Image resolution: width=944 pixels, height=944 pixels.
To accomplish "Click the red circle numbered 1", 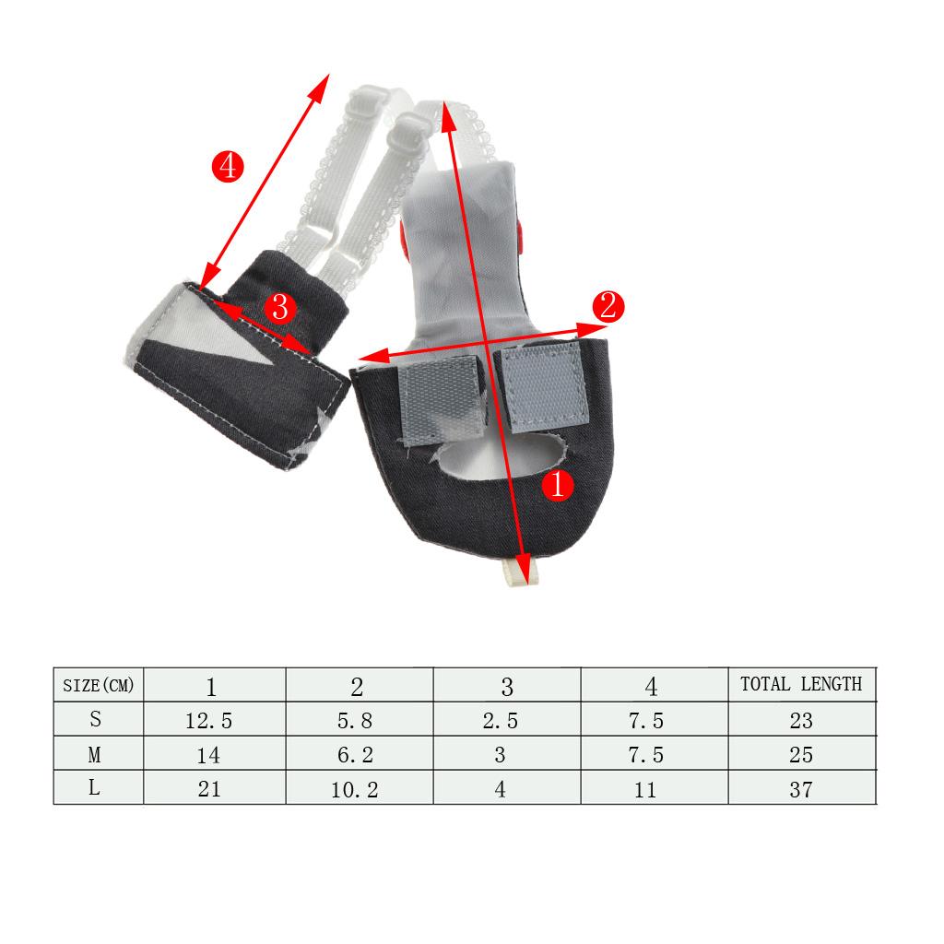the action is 558,484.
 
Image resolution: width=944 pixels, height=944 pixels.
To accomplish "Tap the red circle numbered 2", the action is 608,306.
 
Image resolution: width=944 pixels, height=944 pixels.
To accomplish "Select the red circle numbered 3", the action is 280,308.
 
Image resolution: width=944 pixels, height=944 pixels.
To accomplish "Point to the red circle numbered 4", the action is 228,166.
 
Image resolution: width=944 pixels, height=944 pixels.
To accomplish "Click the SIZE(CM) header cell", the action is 98,685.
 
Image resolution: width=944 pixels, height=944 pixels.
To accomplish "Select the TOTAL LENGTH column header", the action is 801,684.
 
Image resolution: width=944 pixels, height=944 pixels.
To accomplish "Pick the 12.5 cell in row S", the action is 208,721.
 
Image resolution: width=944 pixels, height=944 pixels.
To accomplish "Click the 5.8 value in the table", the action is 355,721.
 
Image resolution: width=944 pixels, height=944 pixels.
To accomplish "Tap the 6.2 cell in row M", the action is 355,755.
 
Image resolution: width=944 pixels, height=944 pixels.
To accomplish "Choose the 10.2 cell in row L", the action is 355,790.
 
